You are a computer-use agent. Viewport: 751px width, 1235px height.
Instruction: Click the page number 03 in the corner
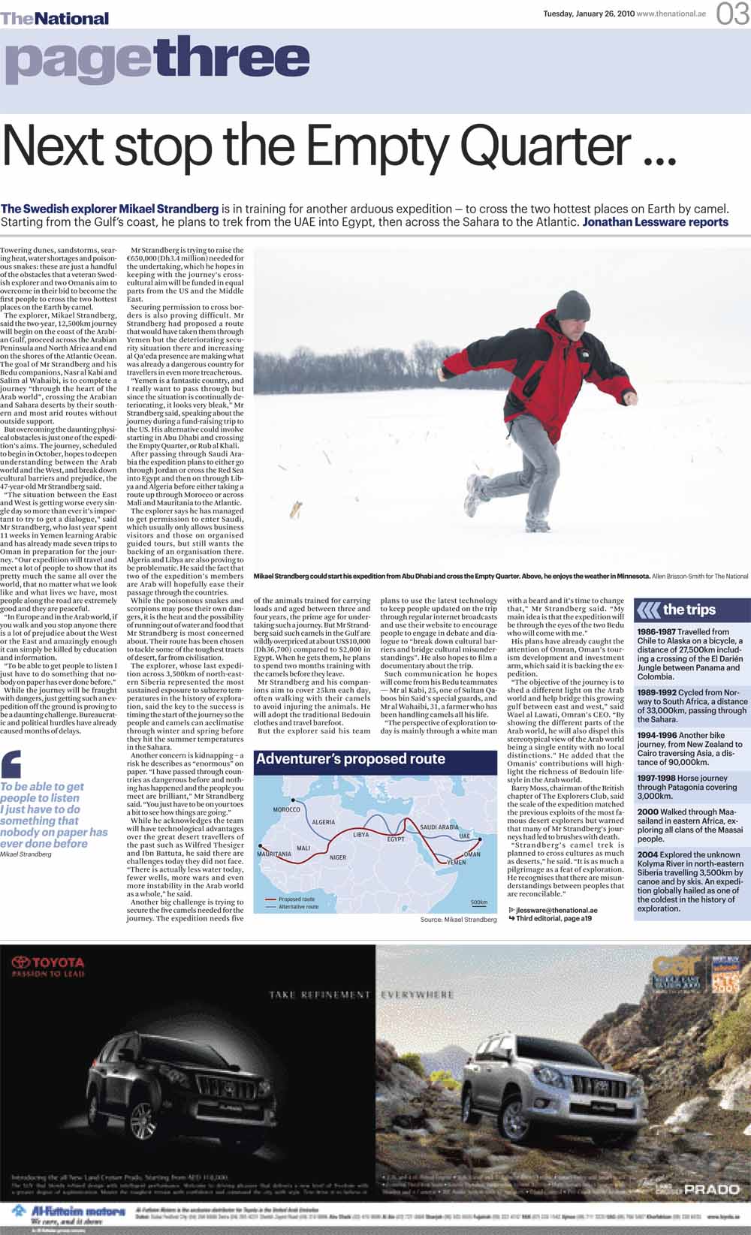(x=732, y=14)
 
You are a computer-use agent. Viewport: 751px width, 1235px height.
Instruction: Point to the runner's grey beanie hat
(x=572, y=306)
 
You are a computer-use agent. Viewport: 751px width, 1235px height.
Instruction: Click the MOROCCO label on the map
(x=286, y=809)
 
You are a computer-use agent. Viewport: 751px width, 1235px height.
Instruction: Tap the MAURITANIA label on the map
(x=274, y=854)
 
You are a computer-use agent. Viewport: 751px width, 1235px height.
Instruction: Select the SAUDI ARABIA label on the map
(x=439, y=827)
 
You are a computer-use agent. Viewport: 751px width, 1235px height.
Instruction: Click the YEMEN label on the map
(x=456, y=863)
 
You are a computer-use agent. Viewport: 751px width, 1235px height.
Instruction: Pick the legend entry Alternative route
(x=298, y=907)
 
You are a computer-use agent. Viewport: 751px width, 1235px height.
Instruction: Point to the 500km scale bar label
(x=479, y=902)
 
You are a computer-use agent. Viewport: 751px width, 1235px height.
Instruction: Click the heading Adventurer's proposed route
(x=350, y=759)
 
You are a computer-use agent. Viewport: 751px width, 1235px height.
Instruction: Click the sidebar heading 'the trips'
(x=689, y=610)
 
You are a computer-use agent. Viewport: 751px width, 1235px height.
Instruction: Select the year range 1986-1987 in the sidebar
(x=656, y=632)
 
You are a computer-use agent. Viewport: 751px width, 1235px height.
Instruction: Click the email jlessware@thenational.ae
(x=556, y=909)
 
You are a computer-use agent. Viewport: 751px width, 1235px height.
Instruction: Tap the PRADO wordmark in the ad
(x=711, y=1189)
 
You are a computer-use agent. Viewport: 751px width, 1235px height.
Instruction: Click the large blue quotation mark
(x=12, y=764)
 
